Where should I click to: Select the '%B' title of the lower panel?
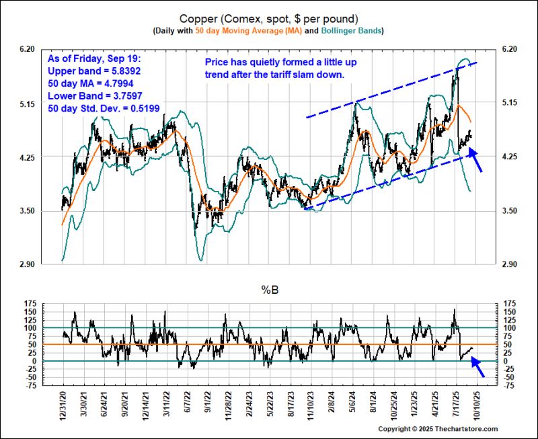pos(268,290)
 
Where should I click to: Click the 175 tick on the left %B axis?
pos(29,304)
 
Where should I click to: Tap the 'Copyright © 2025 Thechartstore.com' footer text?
pos(437,429)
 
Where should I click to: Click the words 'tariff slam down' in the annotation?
pos(310,75)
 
